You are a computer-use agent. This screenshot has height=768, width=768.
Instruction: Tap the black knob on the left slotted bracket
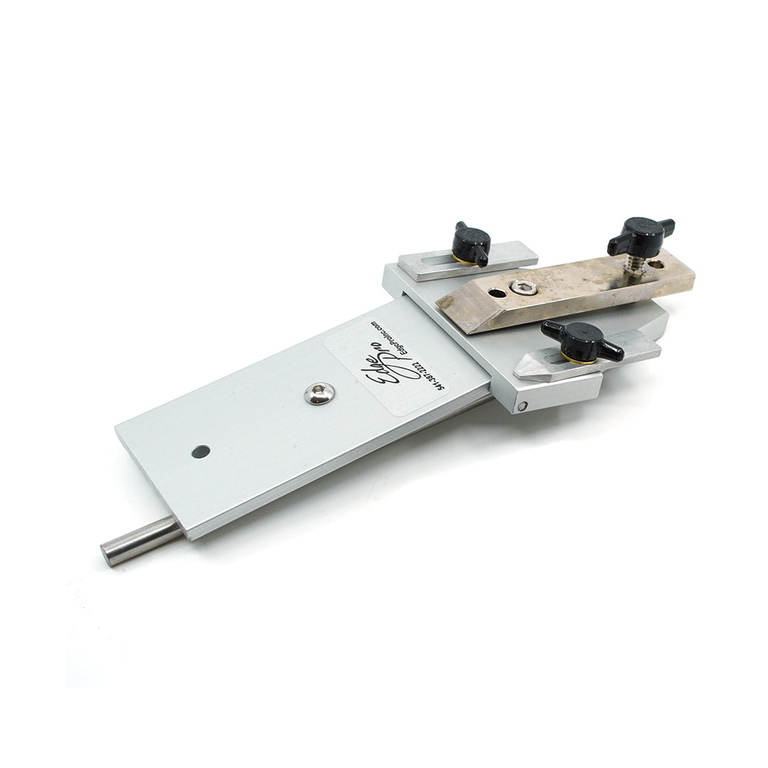[x=470, y=244]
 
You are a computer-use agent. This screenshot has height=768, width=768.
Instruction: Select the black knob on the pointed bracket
[x=580, y=341]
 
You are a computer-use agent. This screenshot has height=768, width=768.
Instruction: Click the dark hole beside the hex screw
[x=497, y=293]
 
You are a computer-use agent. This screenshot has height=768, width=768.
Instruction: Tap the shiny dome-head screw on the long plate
[x=319, y=393]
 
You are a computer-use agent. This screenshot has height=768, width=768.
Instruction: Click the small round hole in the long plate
[x=201, y=452]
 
